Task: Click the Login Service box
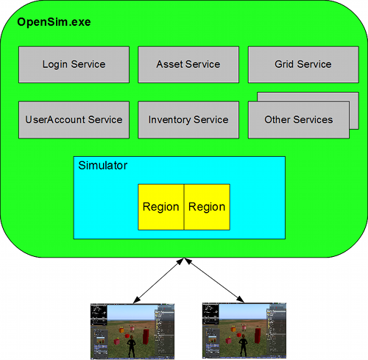coord(74,65)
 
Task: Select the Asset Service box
coord(188,65)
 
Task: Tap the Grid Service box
coord(303,65)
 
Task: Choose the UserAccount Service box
coord(74,120)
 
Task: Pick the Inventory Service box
coord(188,120)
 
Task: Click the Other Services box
coord(298,120)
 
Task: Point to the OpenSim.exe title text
coord(54,22)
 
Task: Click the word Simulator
coord(102,166)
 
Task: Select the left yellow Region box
coord(160,207)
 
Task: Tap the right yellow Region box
coord(207,207)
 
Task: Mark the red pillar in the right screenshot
coord(257,336)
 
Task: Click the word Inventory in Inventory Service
coord(171,120)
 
